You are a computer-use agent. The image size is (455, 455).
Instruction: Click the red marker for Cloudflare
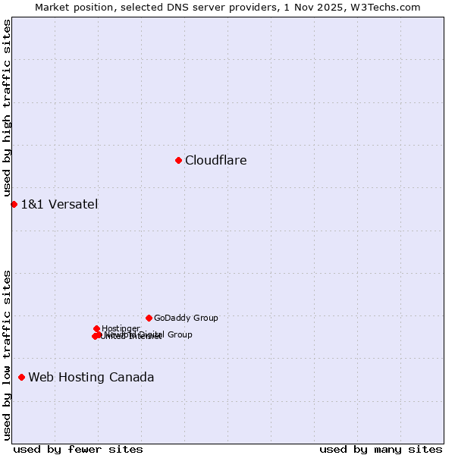click(178, 160)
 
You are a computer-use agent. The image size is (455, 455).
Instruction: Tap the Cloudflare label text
click(216, 160)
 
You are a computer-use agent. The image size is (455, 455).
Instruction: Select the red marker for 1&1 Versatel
click(14, 204)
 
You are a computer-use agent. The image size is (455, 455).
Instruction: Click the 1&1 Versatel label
click(59, 204)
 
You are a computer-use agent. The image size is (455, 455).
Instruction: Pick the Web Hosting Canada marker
click(21, 377)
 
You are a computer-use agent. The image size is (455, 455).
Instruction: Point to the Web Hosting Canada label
click(91, 377)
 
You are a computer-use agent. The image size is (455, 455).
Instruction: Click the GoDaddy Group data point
click(149, 318)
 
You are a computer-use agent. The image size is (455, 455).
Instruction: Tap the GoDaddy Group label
click(186, 318)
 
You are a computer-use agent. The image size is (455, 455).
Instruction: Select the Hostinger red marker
click(96, 328)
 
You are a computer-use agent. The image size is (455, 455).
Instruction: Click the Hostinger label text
click(121, 328)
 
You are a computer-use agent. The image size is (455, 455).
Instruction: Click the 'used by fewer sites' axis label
click(78, 449)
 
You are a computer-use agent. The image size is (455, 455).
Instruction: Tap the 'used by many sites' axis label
click(381, 449)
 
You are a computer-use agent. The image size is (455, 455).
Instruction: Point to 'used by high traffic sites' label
click(7, 108)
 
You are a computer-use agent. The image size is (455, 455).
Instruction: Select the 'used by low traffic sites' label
click(7, 355)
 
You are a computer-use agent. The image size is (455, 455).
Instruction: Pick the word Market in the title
click(52, 7)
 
